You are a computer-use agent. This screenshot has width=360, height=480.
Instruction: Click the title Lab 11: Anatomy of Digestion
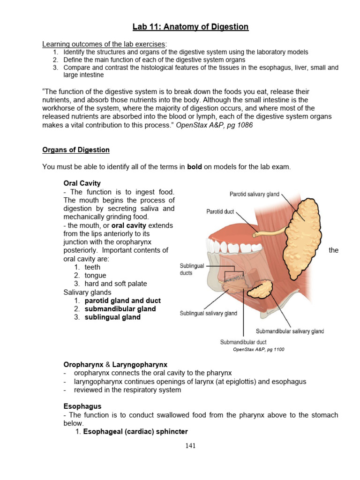click(x=190, y=27)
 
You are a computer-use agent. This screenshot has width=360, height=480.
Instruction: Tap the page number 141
click(x=190, y=446)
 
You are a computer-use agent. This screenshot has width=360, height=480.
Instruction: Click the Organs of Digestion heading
click(x=76, y=150)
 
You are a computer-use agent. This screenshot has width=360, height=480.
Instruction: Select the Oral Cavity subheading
click(x=82, y=183)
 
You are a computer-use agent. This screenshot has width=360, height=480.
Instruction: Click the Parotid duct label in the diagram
click(x=220, y=212)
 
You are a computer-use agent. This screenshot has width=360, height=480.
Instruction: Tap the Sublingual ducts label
click(x=192, y=269)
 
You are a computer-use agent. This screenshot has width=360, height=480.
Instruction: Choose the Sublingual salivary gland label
click(x=208, y=313)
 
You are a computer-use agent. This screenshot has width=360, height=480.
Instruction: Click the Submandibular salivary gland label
click(x=290, y=331)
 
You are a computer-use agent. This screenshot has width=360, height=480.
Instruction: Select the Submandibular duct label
click(x=243, y=342)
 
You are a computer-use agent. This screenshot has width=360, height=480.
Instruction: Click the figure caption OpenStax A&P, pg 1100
click(x=258, y=349)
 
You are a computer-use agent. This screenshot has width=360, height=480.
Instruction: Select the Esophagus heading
click(x=82, y=406)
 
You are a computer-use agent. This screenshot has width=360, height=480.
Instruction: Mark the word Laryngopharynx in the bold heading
click(x=140, y=364)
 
